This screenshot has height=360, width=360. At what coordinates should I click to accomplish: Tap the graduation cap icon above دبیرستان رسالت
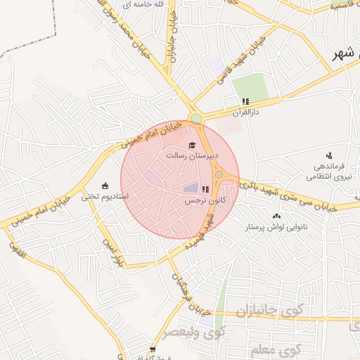[192, 145]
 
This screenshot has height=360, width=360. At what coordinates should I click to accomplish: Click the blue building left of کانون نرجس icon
[191, 188]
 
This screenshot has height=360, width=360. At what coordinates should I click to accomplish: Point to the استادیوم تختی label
[105, 196]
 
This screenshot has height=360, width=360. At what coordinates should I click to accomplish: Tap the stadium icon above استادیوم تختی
[105, 186]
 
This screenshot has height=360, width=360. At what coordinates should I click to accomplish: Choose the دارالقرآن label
[247, 112]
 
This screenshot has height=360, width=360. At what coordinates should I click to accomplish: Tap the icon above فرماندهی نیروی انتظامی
[329, 155]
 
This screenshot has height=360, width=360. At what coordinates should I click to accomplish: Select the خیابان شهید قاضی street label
[219, 67]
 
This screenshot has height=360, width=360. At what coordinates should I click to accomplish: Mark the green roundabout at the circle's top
[196, 117]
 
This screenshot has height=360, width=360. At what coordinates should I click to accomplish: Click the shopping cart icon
[153, 349]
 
